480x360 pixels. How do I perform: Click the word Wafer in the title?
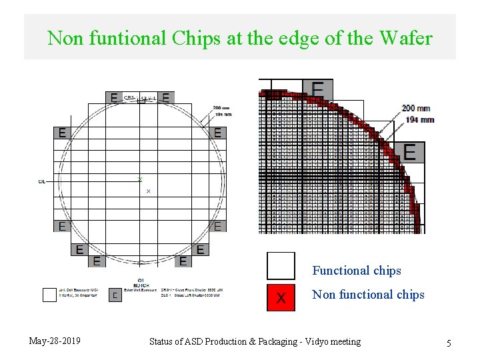click(405, 38)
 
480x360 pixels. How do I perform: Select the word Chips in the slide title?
click(195, 38)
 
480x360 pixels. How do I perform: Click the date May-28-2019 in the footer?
click(55, 341)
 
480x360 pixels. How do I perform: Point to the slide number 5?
click(449, 343)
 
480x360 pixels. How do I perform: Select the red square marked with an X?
click(281, 297)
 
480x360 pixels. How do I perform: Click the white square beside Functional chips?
click(281, 265)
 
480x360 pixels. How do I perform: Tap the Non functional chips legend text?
click(368, 295)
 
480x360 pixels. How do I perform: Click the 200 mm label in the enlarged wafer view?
click(416, 108)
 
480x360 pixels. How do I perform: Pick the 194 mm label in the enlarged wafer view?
click(419, 119)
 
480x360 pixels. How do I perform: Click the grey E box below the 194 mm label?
click(409, 152)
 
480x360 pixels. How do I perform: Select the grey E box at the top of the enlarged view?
click(318, 89)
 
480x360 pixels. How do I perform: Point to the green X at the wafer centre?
click(140, 179)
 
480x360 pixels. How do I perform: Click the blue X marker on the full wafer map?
click(148, 191)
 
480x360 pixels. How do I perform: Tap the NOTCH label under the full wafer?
click(141, 285)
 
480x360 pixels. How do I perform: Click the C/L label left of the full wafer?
click(42, 181)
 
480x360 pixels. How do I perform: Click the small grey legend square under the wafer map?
click(115, 295)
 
